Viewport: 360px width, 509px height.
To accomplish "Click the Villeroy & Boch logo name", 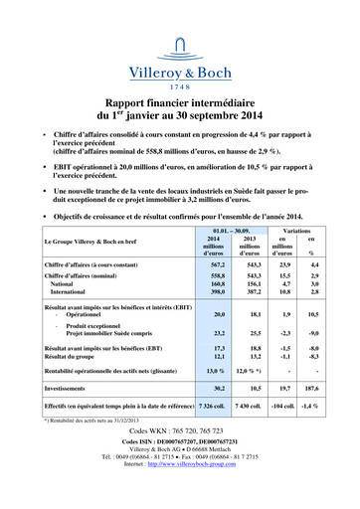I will pyautogui.click(x=180, y=71).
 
